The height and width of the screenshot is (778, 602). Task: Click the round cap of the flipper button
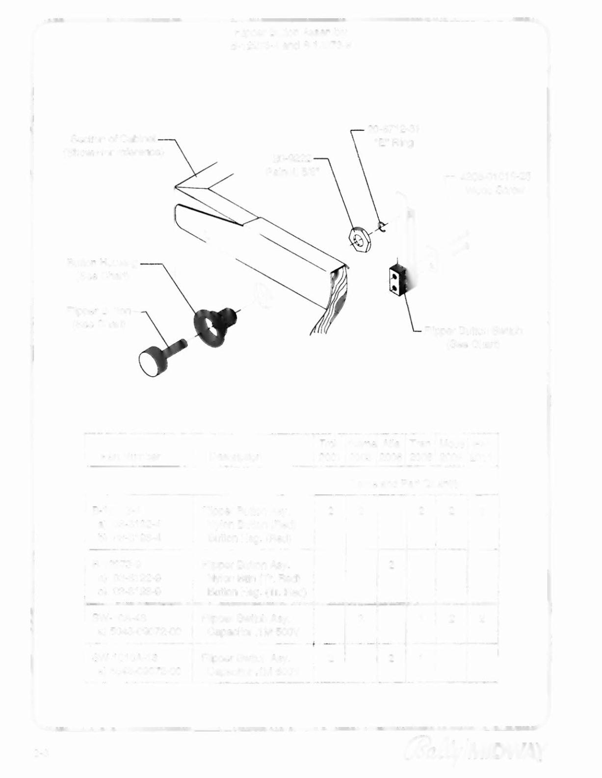pos(153,362)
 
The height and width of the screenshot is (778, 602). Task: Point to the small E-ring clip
pos(382,226)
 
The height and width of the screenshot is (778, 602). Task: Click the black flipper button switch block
pos(397,281)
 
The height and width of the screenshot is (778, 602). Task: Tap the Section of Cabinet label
pos(114,145)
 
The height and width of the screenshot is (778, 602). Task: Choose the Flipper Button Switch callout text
pos(473,337)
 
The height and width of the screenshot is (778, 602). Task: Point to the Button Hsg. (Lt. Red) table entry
pos(257,592)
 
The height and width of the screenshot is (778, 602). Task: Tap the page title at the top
pos(291,39)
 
